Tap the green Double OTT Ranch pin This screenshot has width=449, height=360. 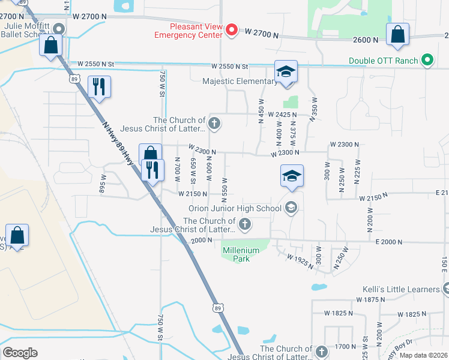click(x=427, y=61)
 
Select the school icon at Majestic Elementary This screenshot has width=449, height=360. click(x=286, y=72)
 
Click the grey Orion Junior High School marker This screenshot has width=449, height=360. click(x=291, y=208)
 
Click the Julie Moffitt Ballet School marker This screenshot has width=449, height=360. click(x=58, y=29)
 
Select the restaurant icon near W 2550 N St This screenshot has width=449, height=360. click(x=99, y=86)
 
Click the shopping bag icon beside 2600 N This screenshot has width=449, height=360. click(x=397, y=35)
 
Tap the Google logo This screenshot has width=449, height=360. click(x=20, y=353)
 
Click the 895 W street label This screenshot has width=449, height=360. click(x=103, y=185)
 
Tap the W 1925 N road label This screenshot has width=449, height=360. click(x=301, y=260)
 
